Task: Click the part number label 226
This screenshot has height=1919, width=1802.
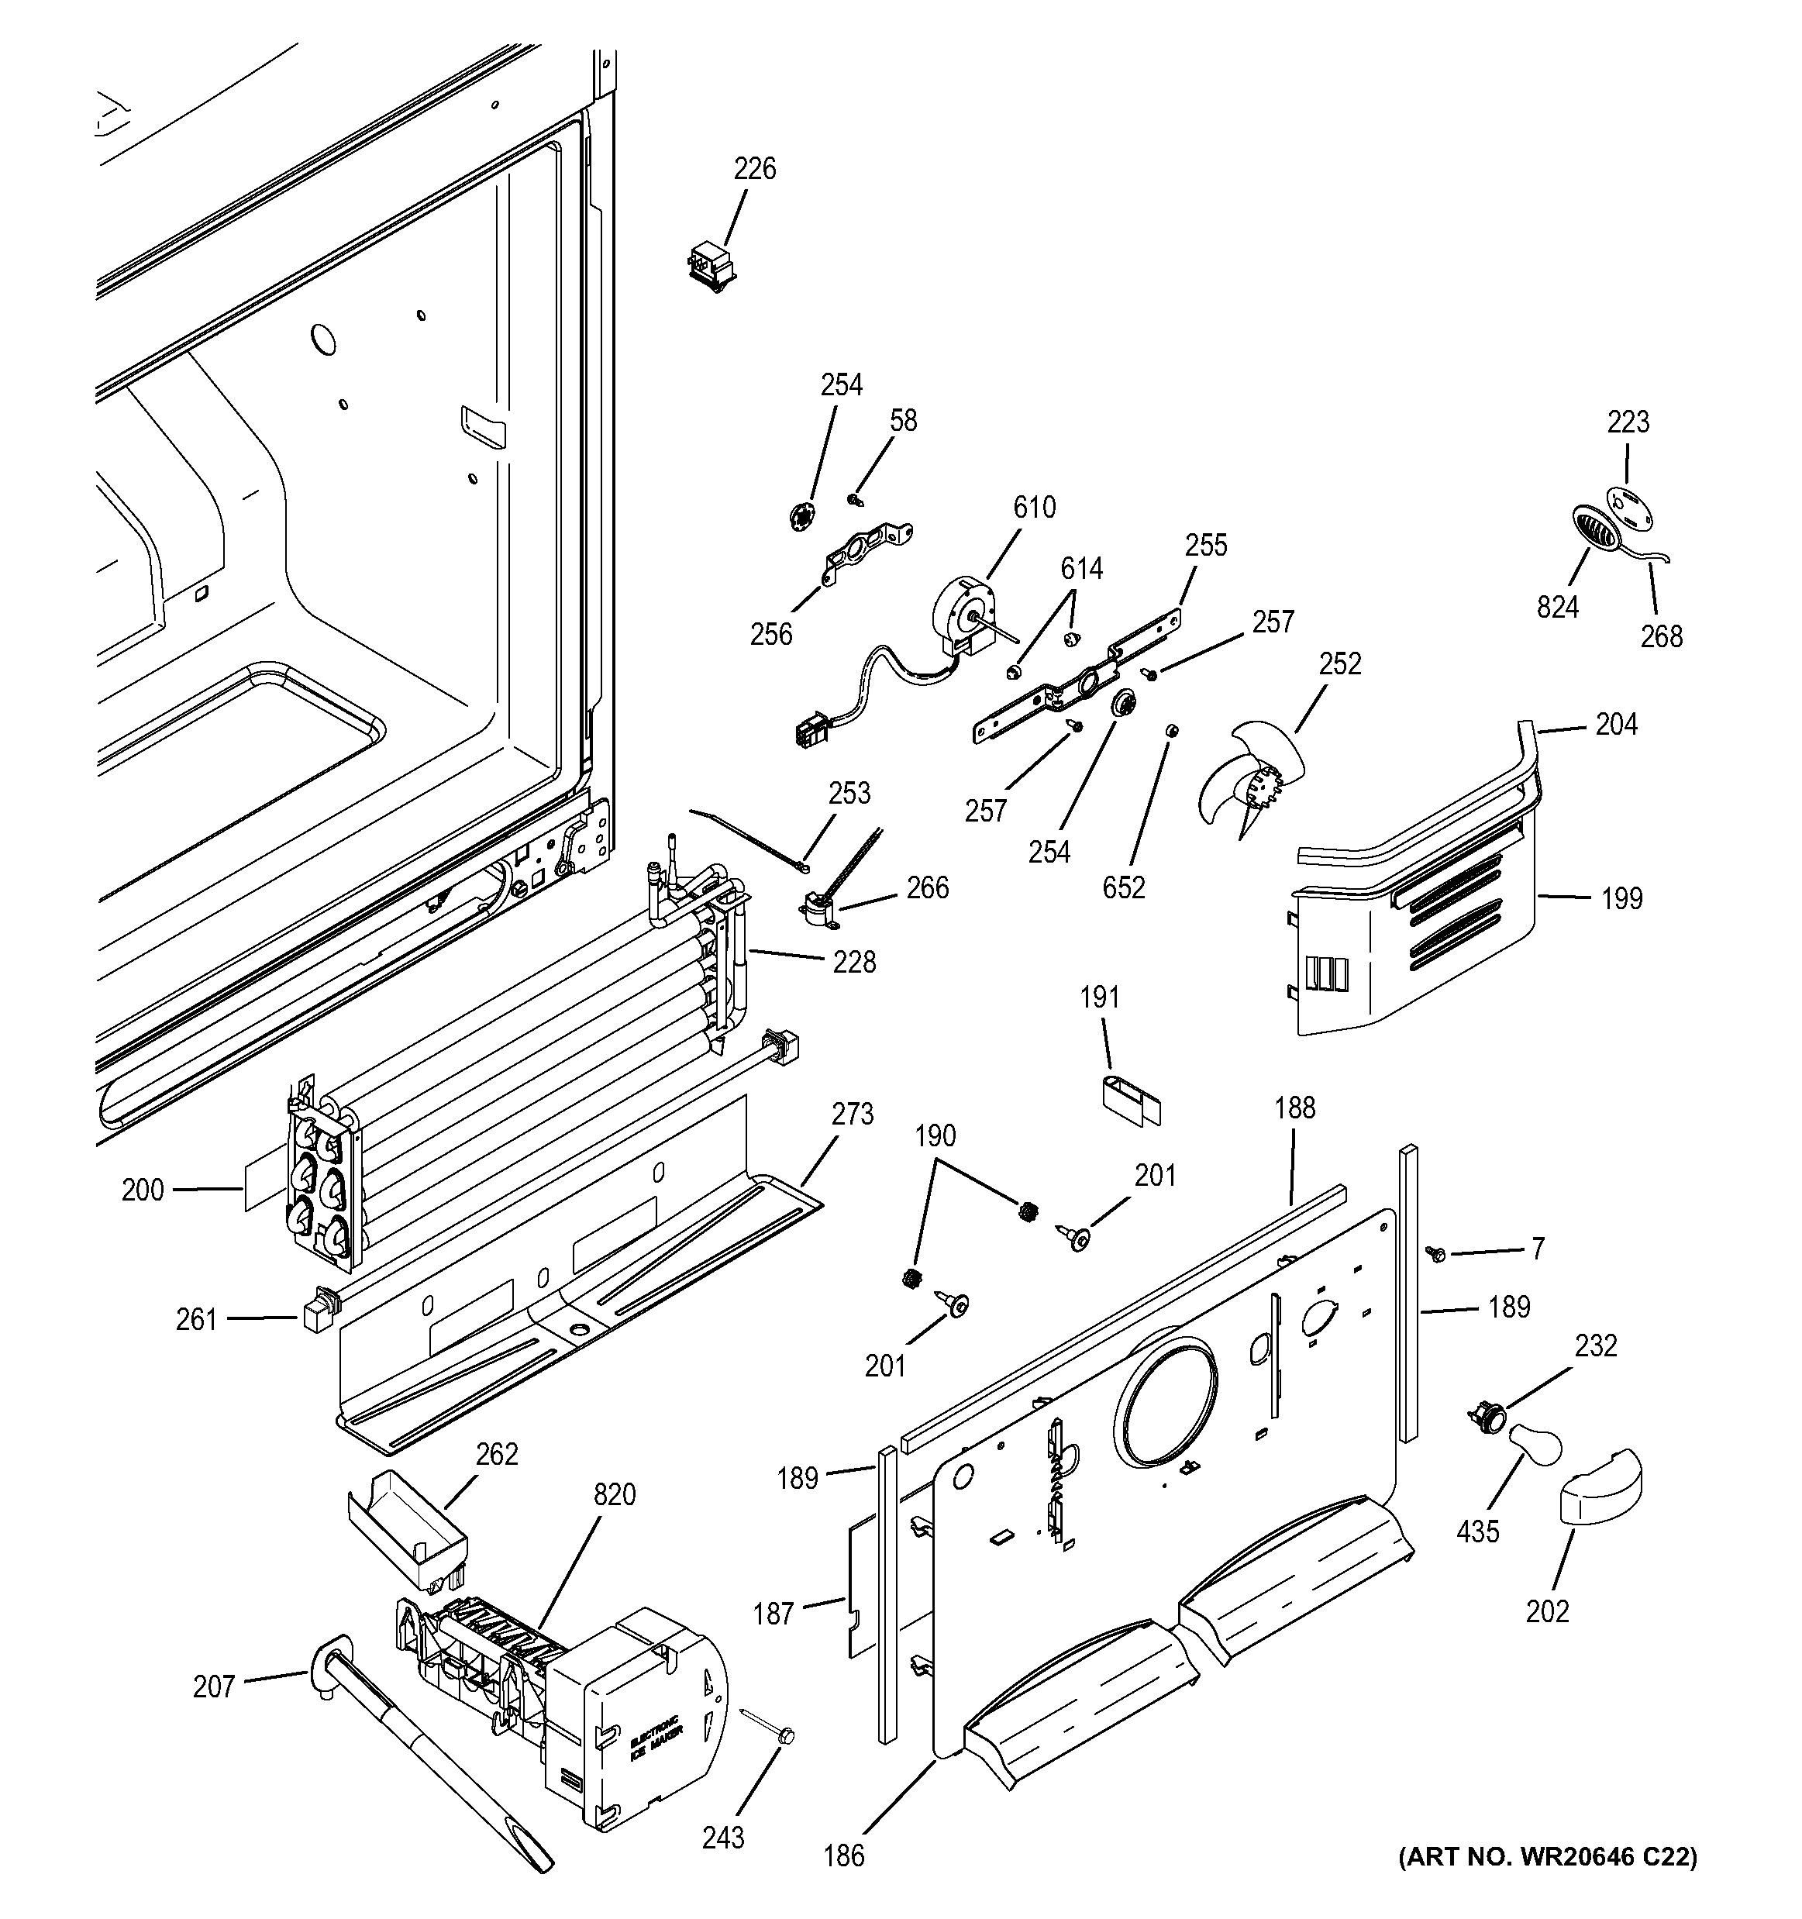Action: coord(754,169)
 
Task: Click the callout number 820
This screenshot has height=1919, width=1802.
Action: coord(614,1494)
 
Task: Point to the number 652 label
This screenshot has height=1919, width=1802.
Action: coord(1124,887)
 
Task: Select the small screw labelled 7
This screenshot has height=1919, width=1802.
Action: coord(1435,1253)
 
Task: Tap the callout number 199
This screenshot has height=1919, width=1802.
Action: coord(1621,899)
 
